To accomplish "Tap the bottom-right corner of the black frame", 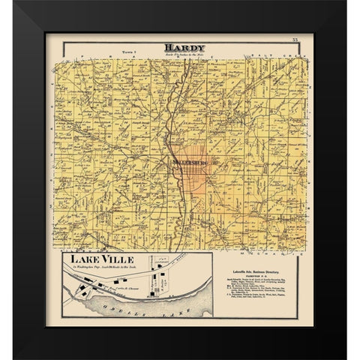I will pos(346,358).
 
